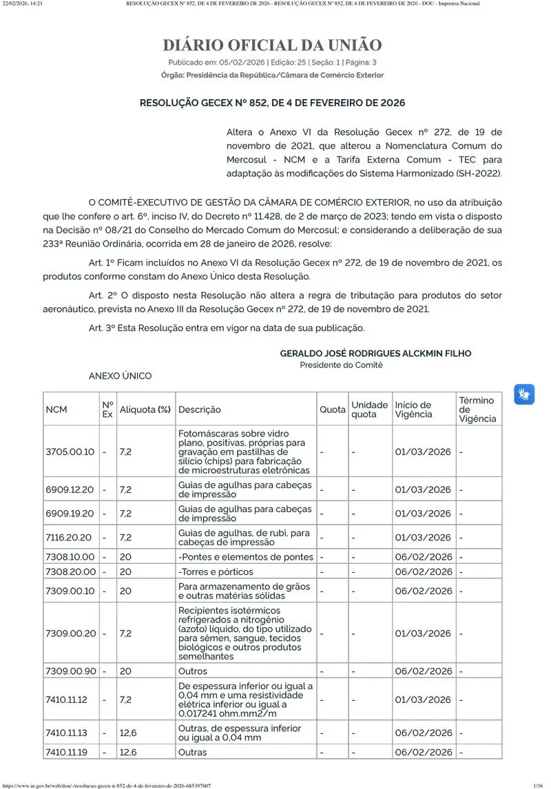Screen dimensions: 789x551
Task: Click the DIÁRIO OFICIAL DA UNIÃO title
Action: pos(272,45)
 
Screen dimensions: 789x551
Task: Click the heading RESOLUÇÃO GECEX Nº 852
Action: pos(272,103)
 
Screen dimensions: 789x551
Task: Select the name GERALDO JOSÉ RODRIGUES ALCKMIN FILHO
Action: pos(375,353)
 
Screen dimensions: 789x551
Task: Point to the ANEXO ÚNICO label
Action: pos(120,376)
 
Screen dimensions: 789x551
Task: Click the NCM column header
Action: pos(56,410)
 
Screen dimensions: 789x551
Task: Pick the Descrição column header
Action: pos(200,410)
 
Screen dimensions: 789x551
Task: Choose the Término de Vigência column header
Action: pos(477,409)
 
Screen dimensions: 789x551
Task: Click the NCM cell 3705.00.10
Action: pos(70,452)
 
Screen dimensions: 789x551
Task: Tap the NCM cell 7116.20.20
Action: pos(70,537)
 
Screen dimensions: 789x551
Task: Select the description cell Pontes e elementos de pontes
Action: pos(246,556)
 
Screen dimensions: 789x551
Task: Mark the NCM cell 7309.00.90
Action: pos(71,671)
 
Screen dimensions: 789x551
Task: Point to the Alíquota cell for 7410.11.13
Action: pos(127,733)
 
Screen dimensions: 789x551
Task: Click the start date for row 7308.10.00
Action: pos(424,556)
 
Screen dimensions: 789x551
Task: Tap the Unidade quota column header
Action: pos(369,410)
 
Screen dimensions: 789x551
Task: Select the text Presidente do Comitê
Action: pos(341,365)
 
